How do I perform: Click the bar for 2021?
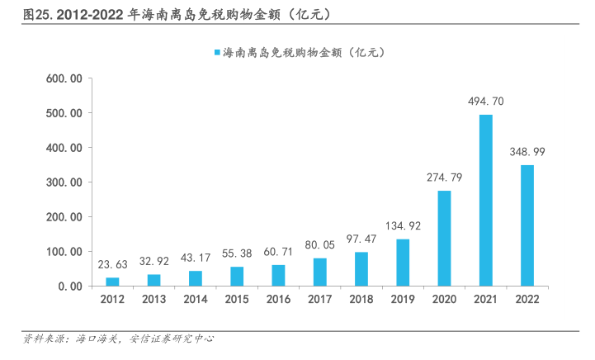point(485,200)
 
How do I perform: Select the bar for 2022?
point(527,225)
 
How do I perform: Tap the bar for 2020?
point(444,238)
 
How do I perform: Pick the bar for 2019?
point(403,263)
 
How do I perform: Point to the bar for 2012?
point(112,282)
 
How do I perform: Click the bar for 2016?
point(278,275)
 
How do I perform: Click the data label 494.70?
point(485,102)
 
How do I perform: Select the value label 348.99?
point(527,152)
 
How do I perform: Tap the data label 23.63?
point(112,265)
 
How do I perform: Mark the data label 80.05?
point(319,245)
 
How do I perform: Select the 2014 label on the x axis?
point(195,301)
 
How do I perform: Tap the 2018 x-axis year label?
point(361,301)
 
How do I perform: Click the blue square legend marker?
point(217,53)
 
